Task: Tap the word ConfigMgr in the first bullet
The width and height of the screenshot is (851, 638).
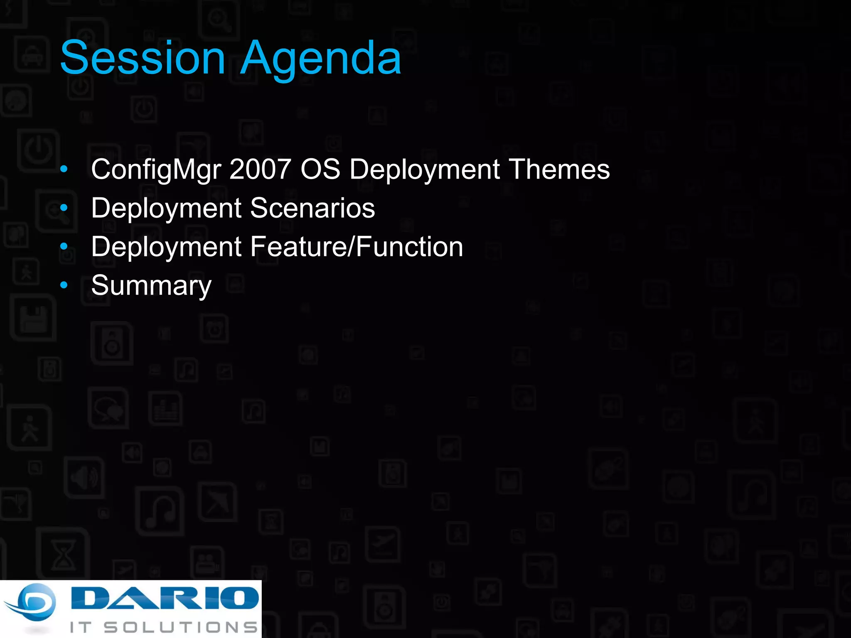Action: [x=156, y=169]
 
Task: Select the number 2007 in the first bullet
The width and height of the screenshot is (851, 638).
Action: [x=260, y=169]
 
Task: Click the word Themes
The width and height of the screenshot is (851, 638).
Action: [x=559, y=169]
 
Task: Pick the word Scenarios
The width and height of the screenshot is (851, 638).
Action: [x=312, y=208]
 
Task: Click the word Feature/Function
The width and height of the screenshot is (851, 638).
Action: [x=357, y=247]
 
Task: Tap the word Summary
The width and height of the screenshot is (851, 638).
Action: [x=151, y=286]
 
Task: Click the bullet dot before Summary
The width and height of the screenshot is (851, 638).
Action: [x=64, y=285]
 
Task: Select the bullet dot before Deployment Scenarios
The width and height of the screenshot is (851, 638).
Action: [x=64, y=208]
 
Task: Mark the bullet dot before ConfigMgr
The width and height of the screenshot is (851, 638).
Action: [x=64, y=169]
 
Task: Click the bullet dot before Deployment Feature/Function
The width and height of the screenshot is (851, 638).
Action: [x=64, y=247]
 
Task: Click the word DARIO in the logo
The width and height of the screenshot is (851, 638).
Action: [x=165, y=598]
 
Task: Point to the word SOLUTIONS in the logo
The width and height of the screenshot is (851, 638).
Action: [x=181, y=627]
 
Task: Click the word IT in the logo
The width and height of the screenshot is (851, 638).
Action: [x=80, y=627]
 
